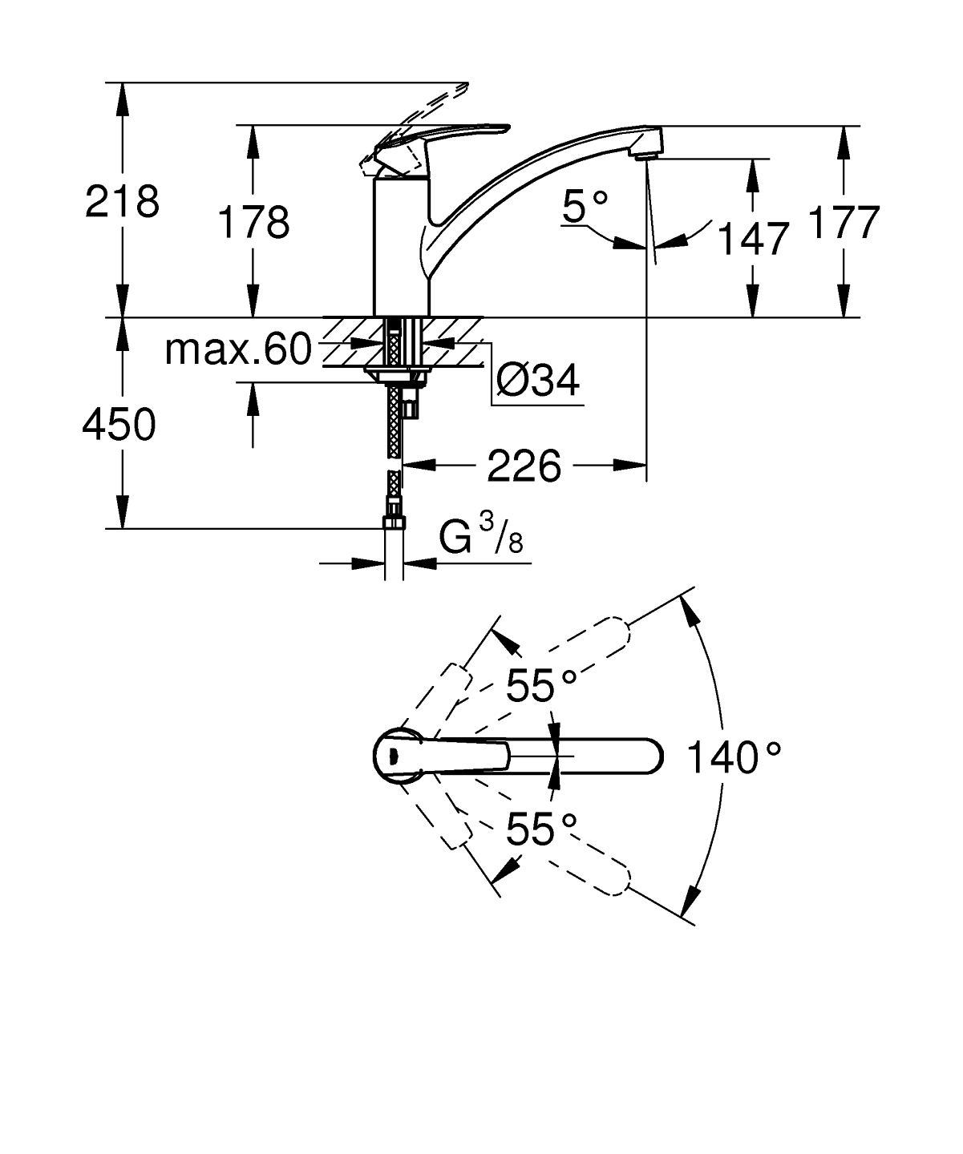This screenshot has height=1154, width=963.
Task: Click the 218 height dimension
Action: pyautogui.click(x=122, y=201)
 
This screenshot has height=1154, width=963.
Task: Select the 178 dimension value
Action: pyautogui.click(x=253, y=223)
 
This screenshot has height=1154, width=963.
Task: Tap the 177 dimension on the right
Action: pyautogui.click(x=844, y=222)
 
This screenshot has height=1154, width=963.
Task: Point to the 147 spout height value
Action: pyautogui.click(x=752, y=239)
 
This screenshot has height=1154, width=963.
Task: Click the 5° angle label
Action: pyautogui.click(x=585, y=206)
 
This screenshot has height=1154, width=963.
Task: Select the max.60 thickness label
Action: pyautogui.click(x=238, y=349)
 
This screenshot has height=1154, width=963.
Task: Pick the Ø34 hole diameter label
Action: pyautogui.click(x=538, y=380)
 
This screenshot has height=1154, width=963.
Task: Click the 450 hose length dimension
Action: pyautogui.click(x=119, y=425)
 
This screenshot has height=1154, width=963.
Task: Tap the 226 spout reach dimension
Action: pyautogui.click(x=524, y=466)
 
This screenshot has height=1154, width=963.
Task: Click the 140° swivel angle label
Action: pyautogui.click(x=734, y=758)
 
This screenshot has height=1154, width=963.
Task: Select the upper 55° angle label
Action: pyautogui.click(x=541, y=686)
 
